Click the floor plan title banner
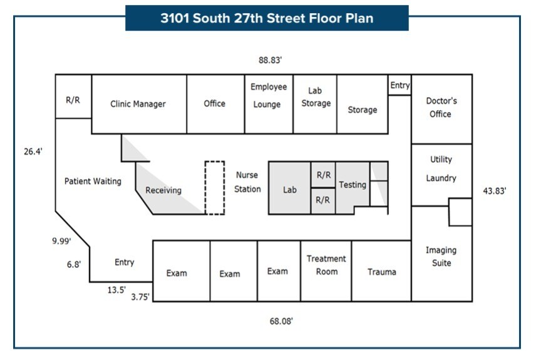click(267, 18)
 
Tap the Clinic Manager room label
click(138, 104)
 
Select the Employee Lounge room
click(269, 96)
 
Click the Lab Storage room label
click(316, 97)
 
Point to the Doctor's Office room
click(441, 107)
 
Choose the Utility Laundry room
click(441, 169)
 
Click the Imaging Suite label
click(441, 257)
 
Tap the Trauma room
click(381, 272)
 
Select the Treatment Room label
click(326, 265)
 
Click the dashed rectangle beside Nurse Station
click(215, 188)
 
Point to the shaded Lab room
click(289, 189)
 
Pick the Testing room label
click(352, 185)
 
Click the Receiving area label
click(163, 190)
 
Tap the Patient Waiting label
click(93, 182)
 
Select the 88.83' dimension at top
click(271, 60)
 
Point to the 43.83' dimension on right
click(495, 191)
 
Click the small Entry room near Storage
click(399, 86)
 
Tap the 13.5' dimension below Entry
click(117, 290)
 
